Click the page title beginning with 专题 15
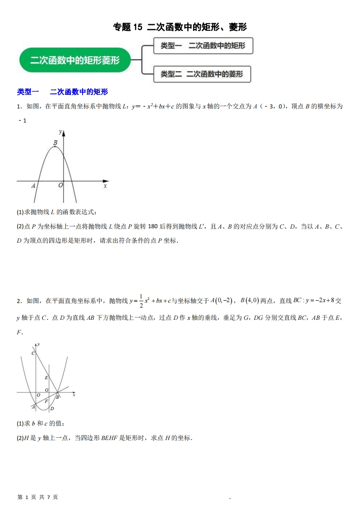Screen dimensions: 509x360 (180, 27)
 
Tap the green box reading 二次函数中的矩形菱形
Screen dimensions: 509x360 (75, 60)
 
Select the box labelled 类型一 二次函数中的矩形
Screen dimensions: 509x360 (203, 46)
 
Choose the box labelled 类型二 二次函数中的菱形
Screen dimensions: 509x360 (202, 73)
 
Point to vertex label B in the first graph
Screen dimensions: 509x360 (55, 142)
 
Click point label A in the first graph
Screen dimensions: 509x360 (33, 186)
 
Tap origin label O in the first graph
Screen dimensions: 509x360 (60, 185)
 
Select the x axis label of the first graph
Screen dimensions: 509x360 (105, 186)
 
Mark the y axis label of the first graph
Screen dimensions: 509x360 (60, 132)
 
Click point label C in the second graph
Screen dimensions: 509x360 (33, 353)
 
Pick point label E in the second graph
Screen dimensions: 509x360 (46, 377)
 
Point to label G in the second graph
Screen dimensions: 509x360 (46, 390)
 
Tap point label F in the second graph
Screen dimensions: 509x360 (46, 401)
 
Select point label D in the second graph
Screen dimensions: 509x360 (52, 409)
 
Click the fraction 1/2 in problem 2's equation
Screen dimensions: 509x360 (140, 300)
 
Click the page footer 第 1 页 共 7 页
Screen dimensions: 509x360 (38, 497)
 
